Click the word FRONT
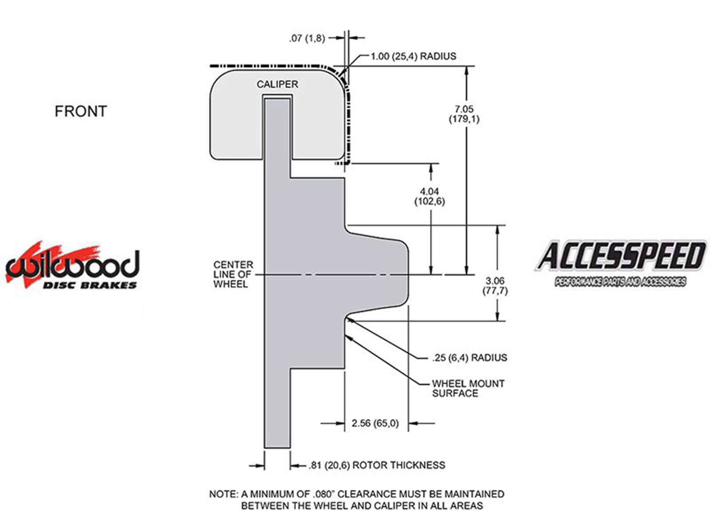(81, 111)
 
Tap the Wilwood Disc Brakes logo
(72, 265)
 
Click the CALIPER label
(277, 84)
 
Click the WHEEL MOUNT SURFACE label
(468, 388)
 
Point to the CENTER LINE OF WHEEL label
(233, 274)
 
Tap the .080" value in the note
(324, 494)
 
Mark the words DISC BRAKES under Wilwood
(90, 285)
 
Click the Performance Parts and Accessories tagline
(620, 282)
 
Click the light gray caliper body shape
(277, 115)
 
